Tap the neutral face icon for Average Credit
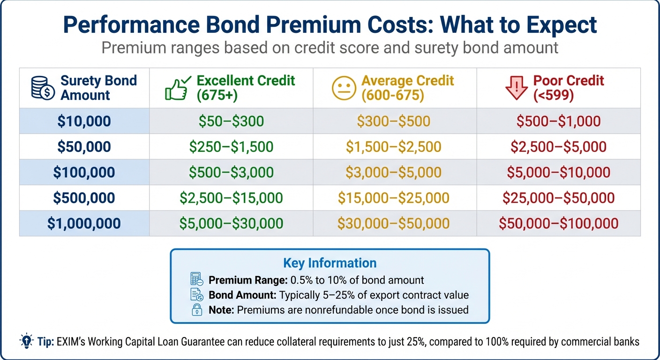(x=345, y=88)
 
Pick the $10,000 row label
(x=84, y=121)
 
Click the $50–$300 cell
(x=231, y=121)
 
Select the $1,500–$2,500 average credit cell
(x=394, y=147)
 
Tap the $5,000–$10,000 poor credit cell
(x=558, y=172)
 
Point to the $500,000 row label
(x=84, y=197)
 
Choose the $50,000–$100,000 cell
(x=558, y=223)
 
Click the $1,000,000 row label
(x=84, y=223)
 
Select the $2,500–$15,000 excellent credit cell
(x=231, y=197)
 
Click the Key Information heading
(x=330, y=263)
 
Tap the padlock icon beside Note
(x=197, y=309)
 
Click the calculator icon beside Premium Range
(x=197, y=280)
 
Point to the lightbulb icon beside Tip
(x=26, y=341)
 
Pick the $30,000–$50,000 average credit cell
(x=394, y=223)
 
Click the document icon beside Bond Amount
(x=197, y=295)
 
